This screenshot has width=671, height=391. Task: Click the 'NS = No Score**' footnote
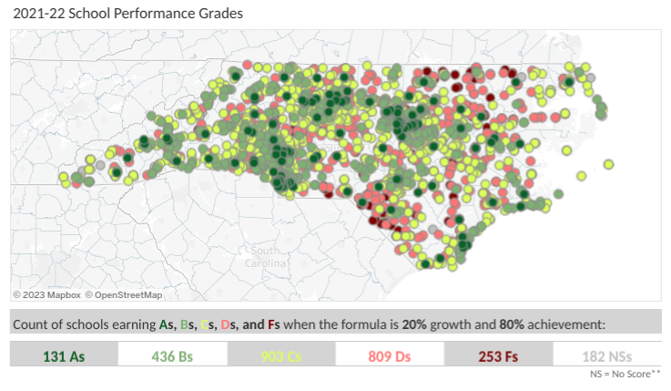(x=625, y=374)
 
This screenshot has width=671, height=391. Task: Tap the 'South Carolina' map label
(x=265, y=257)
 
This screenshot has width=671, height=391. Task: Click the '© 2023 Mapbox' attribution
(x=47, y=294)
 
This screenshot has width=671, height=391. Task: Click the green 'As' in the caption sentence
(x=167, y=324)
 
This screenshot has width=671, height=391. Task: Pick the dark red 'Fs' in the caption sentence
(x=273, y=324)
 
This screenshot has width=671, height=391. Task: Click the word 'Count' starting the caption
(x=28, y=324)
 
